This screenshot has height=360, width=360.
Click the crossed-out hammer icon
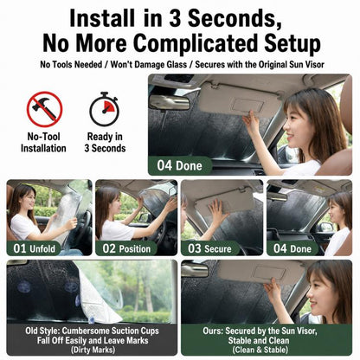pos(44,109)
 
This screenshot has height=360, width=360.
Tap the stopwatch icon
pos(104,109)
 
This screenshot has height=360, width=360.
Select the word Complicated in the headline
pos(195,43)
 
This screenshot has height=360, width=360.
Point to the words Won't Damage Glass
pos(149,64)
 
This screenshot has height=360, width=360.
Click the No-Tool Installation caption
pos(43,142)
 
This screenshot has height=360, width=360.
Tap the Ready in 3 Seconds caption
pos(105,142)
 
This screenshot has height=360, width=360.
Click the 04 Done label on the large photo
pos(179,165)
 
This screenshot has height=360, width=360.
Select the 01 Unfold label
pos(34,248)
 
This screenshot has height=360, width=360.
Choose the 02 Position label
pos(126,248)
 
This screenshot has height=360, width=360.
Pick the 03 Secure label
pos(209,248)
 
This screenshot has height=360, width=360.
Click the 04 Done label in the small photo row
pos(292,248)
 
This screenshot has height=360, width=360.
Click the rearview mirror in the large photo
pos(170,102)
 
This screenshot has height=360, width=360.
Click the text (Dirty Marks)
pos(93,350)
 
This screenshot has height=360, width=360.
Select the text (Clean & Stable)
pos(260,350)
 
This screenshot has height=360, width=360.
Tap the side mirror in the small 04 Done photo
pos(325,228)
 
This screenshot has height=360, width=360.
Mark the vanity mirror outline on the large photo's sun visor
pos(247,106)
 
